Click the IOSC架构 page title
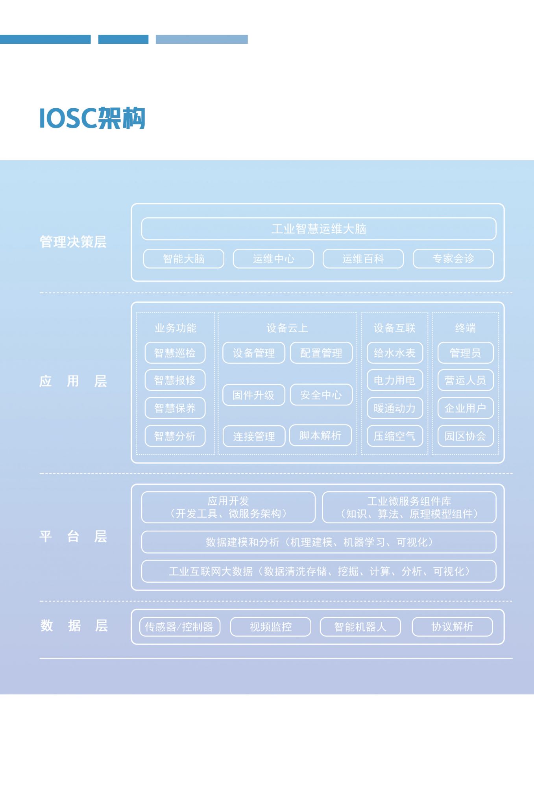92,118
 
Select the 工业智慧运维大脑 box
319,229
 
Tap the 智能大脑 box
184,259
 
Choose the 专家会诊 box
453,259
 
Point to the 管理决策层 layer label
73,242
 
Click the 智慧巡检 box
175,353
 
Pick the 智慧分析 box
175,436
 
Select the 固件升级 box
254,395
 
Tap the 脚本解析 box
320,435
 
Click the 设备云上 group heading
287,328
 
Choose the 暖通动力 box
395,408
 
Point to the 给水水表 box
395,353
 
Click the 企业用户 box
466,408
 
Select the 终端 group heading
466,328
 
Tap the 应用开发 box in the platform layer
228,507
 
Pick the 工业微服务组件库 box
409,507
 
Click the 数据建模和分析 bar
319,542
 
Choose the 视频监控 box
271,627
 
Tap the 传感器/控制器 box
180,627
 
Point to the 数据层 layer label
74,626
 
